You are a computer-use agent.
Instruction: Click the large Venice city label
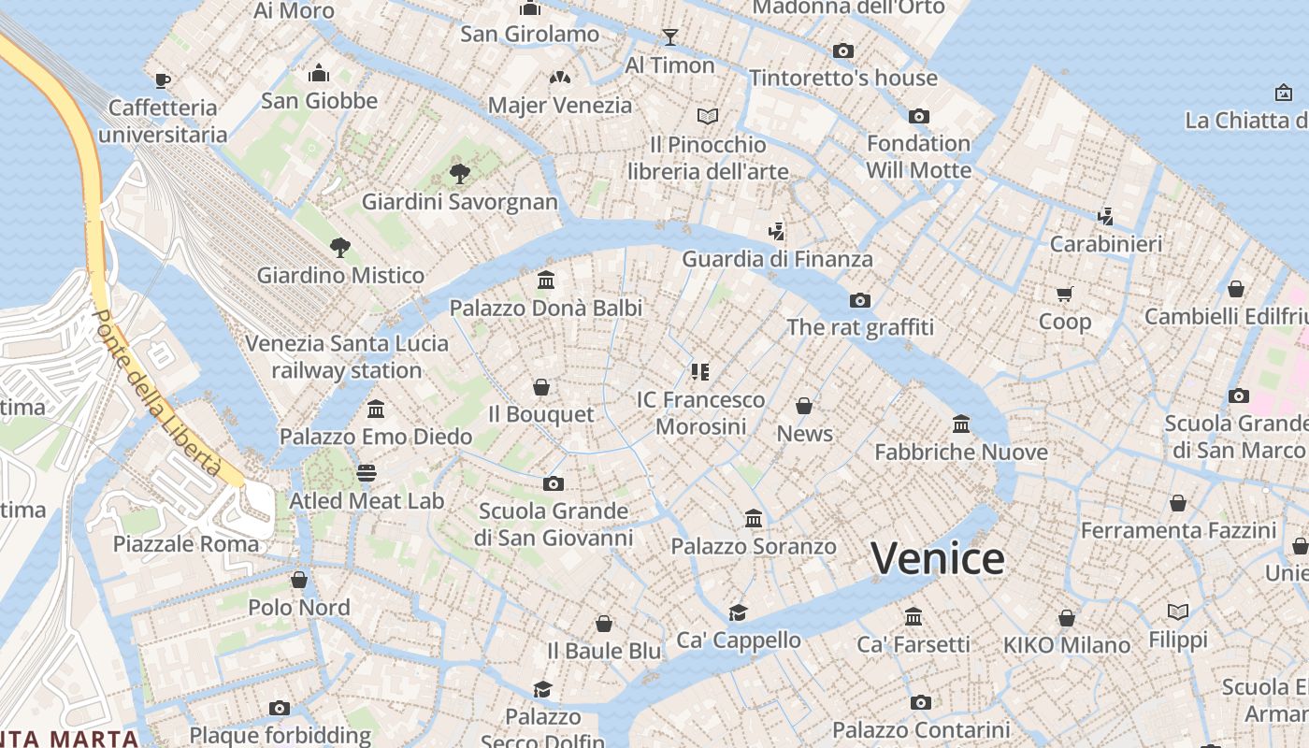(x=938, y=558)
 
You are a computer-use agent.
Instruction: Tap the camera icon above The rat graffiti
(x=859, y=300)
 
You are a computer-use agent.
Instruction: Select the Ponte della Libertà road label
(x=157, y=393)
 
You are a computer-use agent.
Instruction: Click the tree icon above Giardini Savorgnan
(x=458, y=173)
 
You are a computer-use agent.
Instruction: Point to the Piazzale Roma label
(x=186, y=543)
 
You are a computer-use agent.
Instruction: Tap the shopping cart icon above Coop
(x=1064, y=295)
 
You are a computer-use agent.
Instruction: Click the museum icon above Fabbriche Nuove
(x=961, y=424)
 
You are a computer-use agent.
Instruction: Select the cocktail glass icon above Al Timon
(x=669, y=37)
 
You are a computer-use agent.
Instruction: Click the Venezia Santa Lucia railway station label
(x=347, y=356)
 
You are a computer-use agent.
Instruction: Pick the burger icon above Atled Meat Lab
(x=367, y=473)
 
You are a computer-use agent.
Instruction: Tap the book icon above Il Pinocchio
(x=708, y=117)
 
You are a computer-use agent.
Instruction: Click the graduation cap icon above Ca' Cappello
(x=739, y=612)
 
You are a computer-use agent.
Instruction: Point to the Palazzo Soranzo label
(x=754, y=545)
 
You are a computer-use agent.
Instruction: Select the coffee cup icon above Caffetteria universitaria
(x=163, y=80)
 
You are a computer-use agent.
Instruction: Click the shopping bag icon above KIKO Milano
(x=1066, y=618)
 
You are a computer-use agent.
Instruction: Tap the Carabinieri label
(x=1106, y=244)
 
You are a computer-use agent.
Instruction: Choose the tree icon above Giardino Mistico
(x=340, y=248)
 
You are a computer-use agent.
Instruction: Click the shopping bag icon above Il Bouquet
(x=540, y=387)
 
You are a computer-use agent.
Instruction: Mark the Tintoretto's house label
(x=842, y=78)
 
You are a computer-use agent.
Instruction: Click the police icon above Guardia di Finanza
(x=776, y=231)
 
